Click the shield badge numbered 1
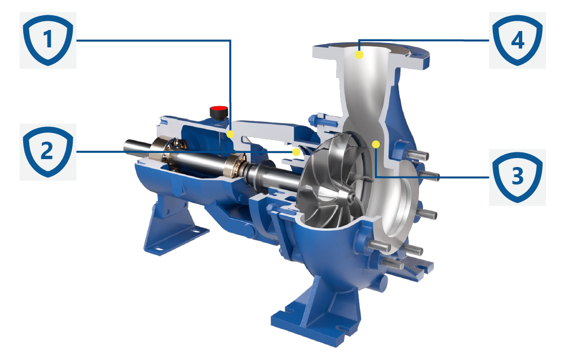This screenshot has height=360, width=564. coord(48,40)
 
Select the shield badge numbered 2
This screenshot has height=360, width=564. coord(48,152)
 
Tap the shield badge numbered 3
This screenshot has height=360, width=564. coord(517,177)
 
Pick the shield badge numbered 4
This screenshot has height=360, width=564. coord(517,40)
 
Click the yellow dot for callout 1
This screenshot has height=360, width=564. coord(231,134)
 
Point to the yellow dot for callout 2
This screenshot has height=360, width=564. coord(296,152)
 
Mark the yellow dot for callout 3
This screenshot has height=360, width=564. coord(376,144)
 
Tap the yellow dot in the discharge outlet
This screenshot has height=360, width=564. coord(359,55)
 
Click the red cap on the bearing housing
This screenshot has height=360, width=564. coord(219,109)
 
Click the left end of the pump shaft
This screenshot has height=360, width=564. coord(126,145)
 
